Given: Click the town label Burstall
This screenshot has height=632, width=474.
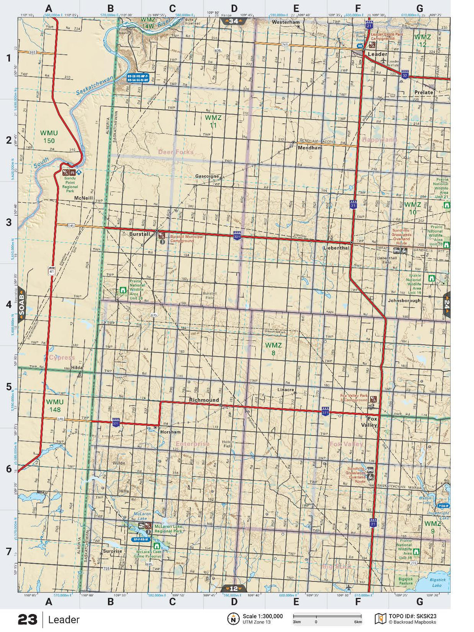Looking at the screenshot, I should point(139,234).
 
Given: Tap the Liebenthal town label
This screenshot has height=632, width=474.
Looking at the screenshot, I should point(336,248).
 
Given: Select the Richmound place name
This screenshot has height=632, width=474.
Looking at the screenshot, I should point(204,400).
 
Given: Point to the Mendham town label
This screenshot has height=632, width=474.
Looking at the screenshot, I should point(310,148).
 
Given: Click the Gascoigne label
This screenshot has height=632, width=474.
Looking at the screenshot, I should point(207,176).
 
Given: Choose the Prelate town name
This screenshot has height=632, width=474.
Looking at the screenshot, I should point(424,93).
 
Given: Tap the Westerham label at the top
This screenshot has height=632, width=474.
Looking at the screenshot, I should point(286,22).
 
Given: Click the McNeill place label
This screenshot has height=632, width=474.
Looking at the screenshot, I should point(84,198).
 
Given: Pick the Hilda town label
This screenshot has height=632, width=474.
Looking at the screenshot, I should point(77,368).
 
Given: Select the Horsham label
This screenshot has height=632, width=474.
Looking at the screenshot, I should point(170,432).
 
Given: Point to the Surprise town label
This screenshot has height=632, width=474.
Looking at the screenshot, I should point(112,551).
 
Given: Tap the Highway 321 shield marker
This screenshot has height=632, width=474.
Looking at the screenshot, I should point(237,236).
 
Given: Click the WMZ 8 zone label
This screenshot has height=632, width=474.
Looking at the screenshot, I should point(273,349).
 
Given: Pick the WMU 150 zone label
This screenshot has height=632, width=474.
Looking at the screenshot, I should point(49,137).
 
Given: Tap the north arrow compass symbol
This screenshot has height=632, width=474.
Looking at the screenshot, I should point(233,618).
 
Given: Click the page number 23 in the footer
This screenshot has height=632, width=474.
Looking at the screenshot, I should point(27,620).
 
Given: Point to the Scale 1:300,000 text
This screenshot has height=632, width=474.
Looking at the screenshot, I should point(262,616).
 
